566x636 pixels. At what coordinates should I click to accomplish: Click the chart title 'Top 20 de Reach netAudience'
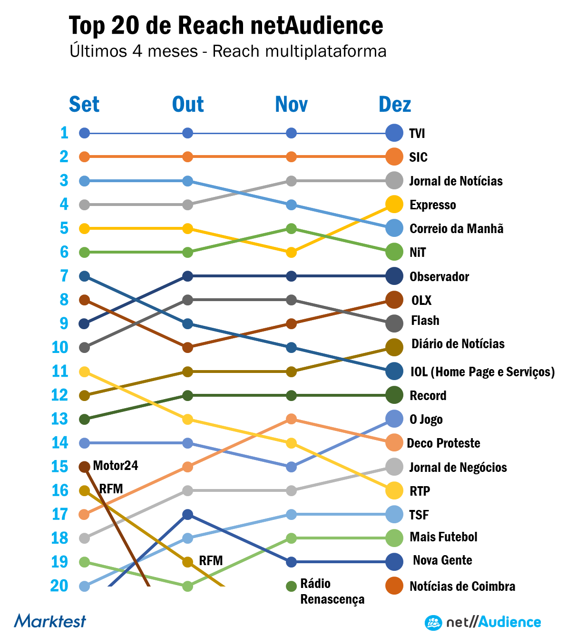point(226,26)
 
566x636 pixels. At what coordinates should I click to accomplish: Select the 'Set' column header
point(84,104)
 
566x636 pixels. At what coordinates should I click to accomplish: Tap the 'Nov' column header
point(291,104)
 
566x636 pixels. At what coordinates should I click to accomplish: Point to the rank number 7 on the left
point(64,276)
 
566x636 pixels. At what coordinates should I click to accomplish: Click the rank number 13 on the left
point(60,419)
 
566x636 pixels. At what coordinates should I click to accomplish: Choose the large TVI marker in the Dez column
point(394,133)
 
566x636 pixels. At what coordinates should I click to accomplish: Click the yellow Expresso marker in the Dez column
point(394,205)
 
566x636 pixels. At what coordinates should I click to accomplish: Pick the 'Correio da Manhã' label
point(456,229)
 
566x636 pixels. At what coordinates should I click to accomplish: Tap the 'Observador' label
point(439,276)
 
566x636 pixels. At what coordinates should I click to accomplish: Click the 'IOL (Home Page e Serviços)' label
point(482,372)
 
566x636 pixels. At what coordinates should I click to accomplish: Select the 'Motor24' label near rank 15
point(116,465)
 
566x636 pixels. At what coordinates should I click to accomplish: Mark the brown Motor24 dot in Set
point(84,467)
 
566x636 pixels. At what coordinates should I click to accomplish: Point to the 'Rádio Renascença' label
point(332,591)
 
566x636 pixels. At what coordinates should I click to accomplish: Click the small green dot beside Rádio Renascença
point(291,586)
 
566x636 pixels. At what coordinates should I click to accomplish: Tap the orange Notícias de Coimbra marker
point(394,586)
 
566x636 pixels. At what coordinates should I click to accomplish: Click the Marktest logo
point(50,621)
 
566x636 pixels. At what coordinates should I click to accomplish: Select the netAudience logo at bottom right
point(483,622)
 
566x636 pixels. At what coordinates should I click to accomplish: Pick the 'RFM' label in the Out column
point(211,561)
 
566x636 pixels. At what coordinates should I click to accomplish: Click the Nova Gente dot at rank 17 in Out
point(187,514)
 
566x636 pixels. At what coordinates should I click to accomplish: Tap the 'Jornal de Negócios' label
point(458,468)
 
